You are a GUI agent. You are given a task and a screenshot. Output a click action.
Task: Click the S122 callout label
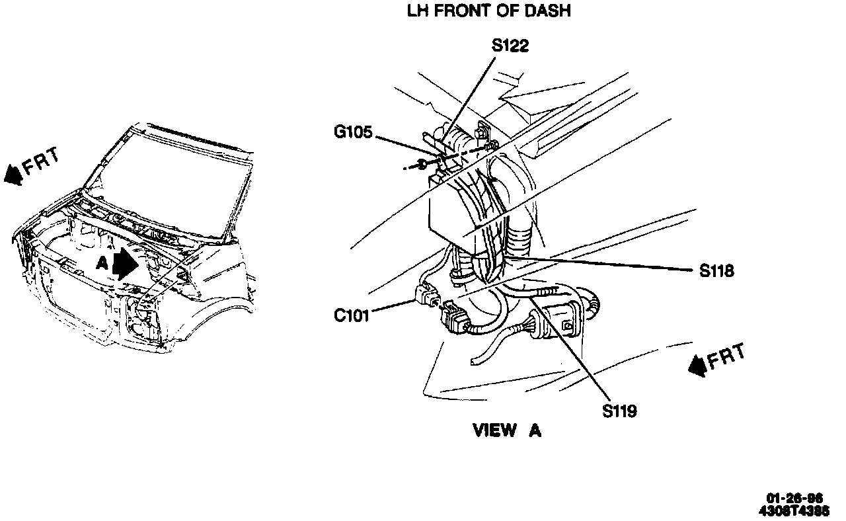click(510, 46)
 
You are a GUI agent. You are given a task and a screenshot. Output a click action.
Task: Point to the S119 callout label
click(619, 411)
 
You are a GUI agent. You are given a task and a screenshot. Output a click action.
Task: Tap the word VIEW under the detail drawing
click(495, 430)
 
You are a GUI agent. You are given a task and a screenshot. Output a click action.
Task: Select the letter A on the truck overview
click(101, 263)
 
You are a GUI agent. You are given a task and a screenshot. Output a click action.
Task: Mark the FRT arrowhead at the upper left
click(13, 175)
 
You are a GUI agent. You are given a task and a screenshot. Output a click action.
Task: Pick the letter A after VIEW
click(535, 430)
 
